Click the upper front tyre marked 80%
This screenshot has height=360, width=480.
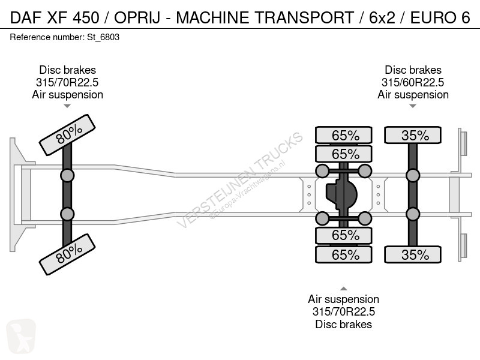(67, 135)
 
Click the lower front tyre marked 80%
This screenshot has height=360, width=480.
(67, 255)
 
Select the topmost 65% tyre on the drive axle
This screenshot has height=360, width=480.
(345, 136)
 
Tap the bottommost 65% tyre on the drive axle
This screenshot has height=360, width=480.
(345, 255)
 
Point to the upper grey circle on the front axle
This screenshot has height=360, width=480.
(67, 176)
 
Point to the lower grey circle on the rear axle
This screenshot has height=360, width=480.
(413, 214)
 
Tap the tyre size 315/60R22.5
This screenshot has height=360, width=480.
(413, 83)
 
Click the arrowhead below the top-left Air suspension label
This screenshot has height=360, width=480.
(67, 106)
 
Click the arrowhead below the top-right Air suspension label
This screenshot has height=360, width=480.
(413, 106)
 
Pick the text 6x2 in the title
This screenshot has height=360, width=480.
(382, 18)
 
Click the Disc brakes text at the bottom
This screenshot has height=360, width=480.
(343, 325)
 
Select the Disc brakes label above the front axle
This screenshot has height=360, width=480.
(67, 70)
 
